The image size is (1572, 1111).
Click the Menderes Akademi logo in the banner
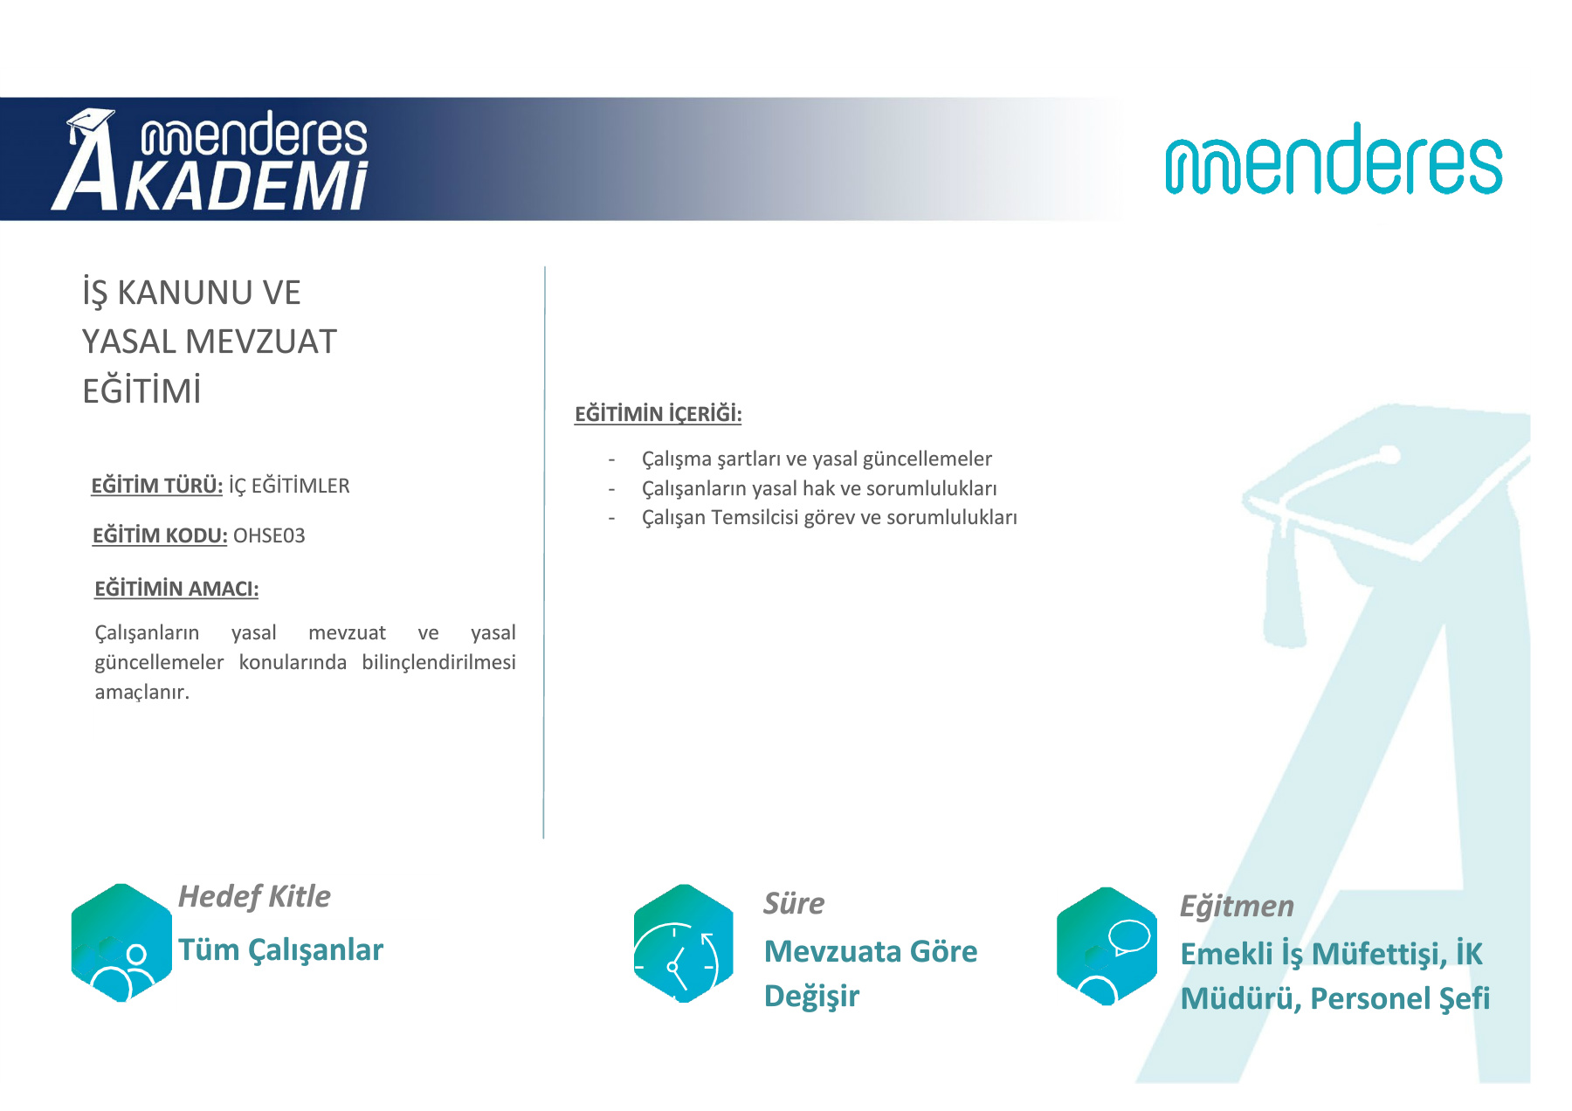point(210,160)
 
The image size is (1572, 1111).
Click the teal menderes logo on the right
point(1334,159)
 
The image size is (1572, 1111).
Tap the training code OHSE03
point(269,535)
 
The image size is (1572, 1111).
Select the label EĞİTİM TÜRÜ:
point(157,486)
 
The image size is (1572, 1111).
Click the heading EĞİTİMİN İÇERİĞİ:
point(658,413)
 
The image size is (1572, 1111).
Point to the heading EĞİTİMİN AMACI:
point(176,589)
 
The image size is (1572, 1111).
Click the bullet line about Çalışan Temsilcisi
point(830,518)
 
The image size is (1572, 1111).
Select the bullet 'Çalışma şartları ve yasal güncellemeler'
point(817,459)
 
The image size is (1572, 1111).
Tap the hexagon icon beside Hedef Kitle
point(121,942)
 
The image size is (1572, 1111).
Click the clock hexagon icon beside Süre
point(684,943)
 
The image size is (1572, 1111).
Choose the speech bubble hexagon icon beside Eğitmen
point(1107,946)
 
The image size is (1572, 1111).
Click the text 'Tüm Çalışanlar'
point(280,950)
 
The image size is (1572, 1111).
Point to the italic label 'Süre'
point(794,903)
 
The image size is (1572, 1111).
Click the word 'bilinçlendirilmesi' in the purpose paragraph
point(439,663)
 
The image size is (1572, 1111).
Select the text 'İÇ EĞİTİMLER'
point(289,486)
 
